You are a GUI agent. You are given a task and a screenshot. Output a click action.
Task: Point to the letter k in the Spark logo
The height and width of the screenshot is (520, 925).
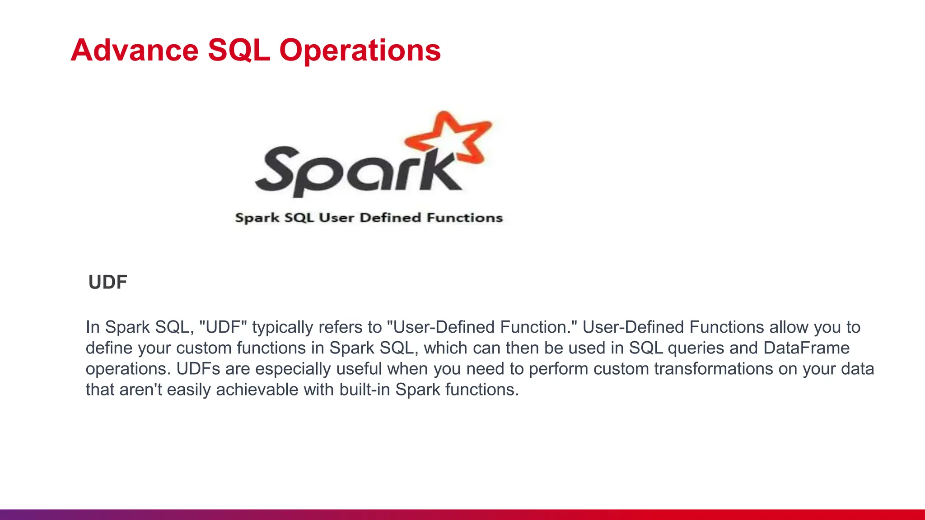[x=436, y=172]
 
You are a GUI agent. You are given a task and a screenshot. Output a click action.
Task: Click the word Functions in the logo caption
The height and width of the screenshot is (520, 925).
[x=465, y=218]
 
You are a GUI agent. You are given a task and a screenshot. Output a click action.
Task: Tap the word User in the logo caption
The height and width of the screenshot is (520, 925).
[x=336, y=218]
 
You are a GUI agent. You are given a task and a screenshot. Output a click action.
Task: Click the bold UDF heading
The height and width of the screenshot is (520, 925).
[x=107, y=282]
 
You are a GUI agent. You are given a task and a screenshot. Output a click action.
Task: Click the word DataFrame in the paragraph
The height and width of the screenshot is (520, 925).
[x=807, y=348]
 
